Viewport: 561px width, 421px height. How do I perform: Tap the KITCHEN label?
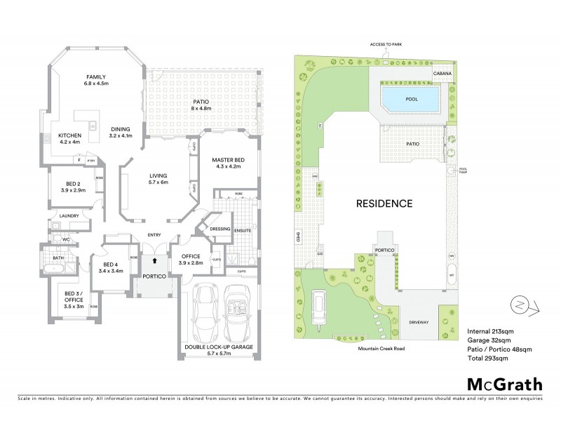click(x=69, y=135)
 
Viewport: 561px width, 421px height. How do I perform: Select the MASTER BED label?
click(x=227, y=160)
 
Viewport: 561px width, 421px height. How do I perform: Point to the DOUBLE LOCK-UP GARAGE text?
click(x=217, y=347)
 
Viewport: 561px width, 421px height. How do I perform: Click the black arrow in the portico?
click(x=154, y=260)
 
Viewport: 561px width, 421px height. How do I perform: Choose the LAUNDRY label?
click(x=69, y=215)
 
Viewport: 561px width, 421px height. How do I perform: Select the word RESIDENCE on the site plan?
click(x=384, y=203)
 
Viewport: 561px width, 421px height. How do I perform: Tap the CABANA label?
click(x=442, y=72)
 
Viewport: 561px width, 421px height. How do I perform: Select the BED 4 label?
click(x=111, y=267)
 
